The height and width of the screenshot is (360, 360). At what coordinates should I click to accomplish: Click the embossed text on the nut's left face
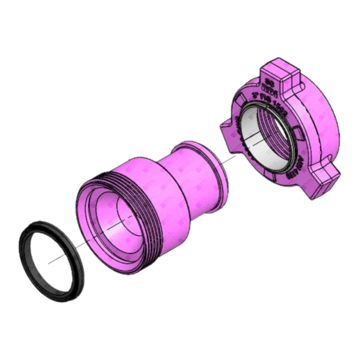(x=237, y=130)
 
